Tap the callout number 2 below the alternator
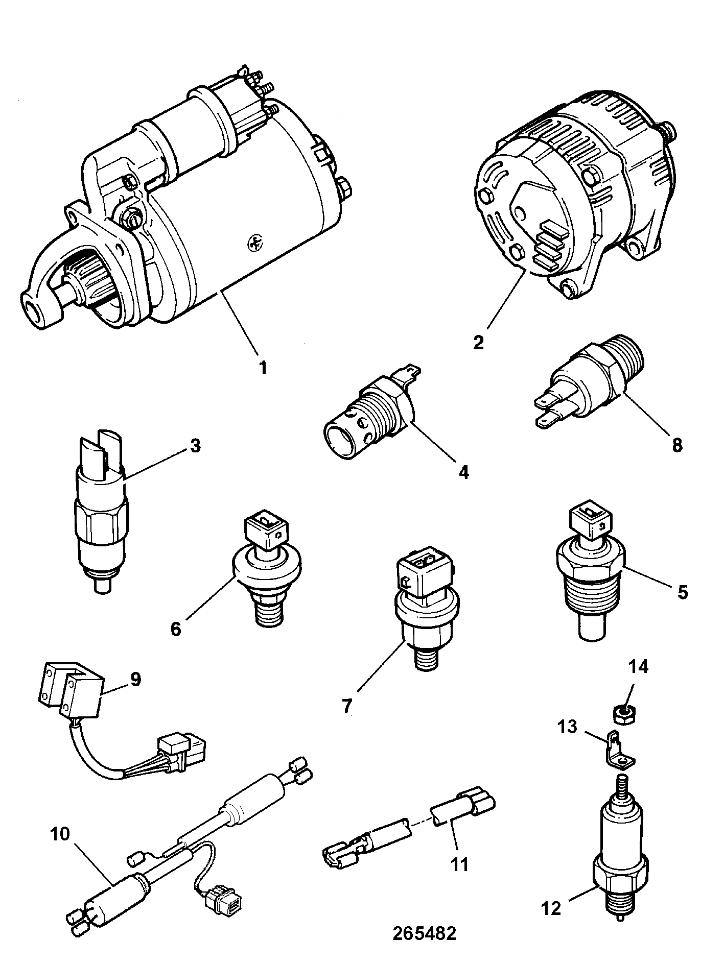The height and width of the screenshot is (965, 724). (478, 342)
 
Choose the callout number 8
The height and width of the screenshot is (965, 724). (678, 444)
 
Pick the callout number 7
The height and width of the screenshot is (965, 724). (347, 707)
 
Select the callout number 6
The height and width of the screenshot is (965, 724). (176, 629)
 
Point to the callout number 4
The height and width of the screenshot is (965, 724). (463, 472)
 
